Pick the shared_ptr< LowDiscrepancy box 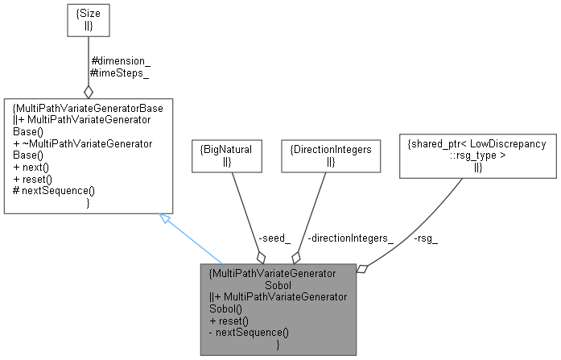(x=476, y=155)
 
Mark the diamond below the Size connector (x=88, y=91)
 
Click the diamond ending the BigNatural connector (x=260, y=256)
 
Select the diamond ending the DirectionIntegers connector (x=295, y=256)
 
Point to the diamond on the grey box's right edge (x=362, y=268)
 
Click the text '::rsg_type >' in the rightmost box (x=476, y=155)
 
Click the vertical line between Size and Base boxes (x=88, y=60)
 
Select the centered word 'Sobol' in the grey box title (x=277, y=284)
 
